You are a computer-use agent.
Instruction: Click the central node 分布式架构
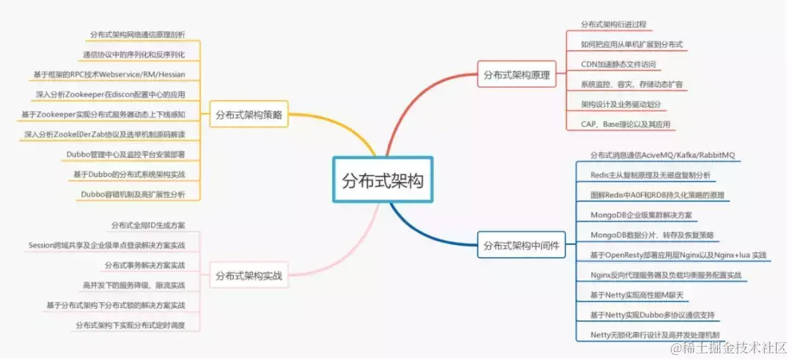pyautogui.click(x=383, y=179)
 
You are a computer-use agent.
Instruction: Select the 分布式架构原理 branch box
pyautogui.click(x=516, y=75)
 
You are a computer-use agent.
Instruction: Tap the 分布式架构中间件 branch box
pyautogui.click(x=521, y=246)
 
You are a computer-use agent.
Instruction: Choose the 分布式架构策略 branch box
pyautogui.click(x=249, y=114)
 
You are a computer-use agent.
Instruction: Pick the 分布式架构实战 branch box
pyautogui.click(x=249, y=277)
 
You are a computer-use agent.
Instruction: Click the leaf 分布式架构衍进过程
pyautogui.click(x=614, y=24)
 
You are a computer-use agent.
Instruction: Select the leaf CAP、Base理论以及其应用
pyautogui.click(x=626, y=125)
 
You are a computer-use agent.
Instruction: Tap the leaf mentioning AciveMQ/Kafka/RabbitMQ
pyautogui.click(x=662, y=155)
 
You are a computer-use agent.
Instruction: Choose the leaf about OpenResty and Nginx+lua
pyautogui.click(x=678, y=255)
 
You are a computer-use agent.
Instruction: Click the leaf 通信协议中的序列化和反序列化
pyautogui.click(x=133, y=54)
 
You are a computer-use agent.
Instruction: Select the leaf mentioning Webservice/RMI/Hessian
pyautogui.click(x=109, y=74)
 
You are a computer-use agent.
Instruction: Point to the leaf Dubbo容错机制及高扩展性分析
pyautogui.click(x=133, y=194)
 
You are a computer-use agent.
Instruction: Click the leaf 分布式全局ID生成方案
pyautogui.click(x=148, y=225)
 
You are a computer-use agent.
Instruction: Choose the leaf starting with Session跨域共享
pyautogui.click(x=106, y=245)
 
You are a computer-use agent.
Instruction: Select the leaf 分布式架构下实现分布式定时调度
pyautogui.click(x=130, y=325)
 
